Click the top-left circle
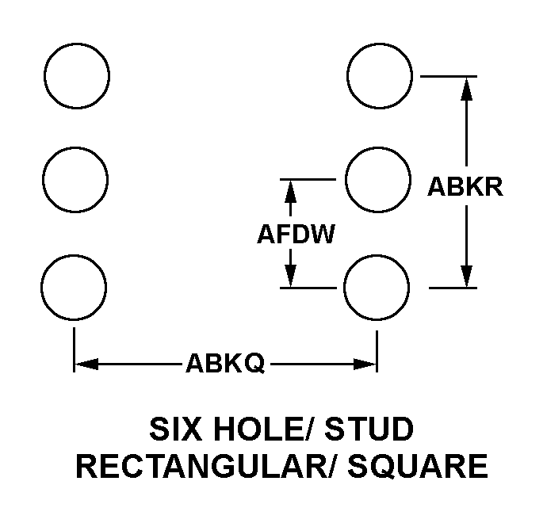[x=77, y=77]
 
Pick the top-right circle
[x=380, y=77]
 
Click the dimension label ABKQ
[x=225, y=365]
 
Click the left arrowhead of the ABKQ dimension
[x=85, y=365]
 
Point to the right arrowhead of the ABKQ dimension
[x=365, y=365]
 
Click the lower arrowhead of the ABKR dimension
[x=466, y=276]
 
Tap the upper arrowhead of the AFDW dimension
[x=291, y=190]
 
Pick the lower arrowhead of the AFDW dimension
[x=291, y=276]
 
